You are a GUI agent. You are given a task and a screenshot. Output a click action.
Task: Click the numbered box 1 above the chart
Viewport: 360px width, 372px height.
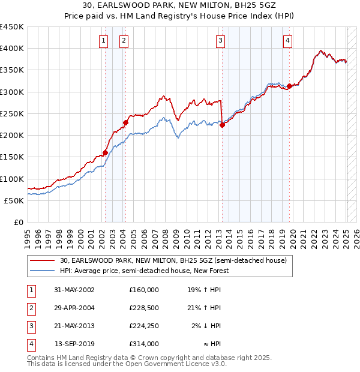[x=104, y=41]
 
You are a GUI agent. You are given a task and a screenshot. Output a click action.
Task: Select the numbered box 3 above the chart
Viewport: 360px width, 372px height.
[x=220, y=41]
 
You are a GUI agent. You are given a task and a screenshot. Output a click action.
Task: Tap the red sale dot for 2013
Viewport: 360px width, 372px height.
[x=222, y=125]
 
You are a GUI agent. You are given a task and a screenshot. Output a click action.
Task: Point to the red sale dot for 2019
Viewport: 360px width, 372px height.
[x=289, y=86]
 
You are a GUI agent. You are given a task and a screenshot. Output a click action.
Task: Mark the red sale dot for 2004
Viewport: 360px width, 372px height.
[x=125, y=123]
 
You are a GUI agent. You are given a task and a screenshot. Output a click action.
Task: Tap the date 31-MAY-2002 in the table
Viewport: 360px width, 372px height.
[x=74, y=290]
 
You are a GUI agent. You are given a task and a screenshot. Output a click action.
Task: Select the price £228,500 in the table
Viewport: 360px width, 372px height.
[x=144, y=308]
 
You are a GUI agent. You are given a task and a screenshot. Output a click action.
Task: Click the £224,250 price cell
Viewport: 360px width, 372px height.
[x=144, y=326]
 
